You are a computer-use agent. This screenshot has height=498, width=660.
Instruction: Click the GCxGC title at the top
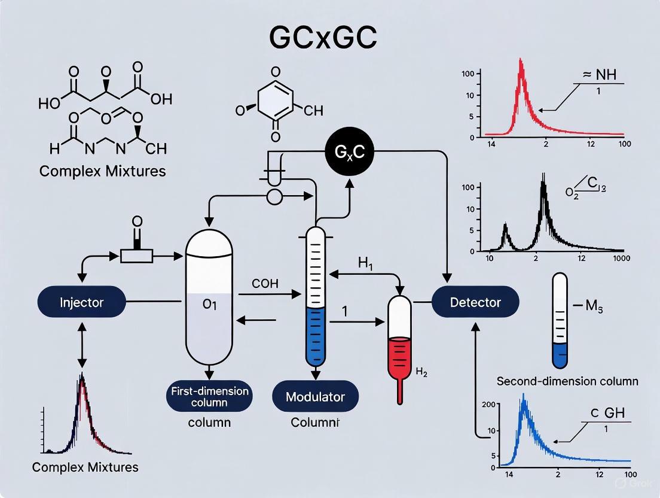tap(323, 38)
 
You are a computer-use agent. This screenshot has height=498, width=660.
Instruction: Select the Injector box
tap(82, 302)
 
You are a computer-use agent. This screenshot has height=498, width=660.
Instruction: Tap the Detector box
tap(475, 302)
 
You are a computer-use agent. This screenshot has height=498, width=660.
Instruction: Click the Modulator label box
tap(315, 397)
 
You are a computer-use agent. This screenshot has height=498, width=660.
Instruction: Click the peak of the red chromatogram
tap(521, 60)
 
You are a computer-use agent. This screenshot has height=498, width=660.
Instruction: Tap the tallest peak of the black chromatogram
tap(543, 177)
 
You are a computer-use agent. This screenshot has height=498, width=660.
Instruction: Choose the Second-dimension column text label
tap(567, 381)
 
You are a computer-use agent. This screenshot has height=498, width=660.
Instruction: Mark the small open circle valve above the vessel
tap(274, 198)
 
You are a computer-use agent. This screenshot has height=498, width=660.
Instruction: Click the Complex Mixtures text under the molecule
tap(103, 171)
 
